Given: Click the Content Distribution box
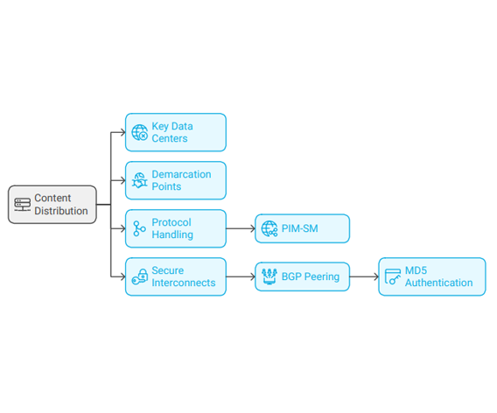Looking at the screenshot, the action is (52, 205).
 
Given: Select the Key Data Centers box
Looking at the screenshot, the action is (176, 132).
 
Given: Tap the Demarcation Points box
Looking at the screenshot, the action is (176, 180).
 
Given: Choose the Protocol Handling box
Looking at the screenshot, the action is (176, 228).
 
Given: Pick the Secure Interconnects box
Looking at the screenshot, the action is (176, 276).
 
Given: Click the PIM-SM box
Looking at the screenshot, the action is (303, 228).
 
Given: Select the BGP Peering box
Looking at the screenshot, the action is (303, 276).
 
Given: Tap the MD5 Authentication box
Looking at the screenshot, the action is (432, 276).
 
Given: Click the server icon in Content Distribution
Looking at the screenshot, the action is (23, 205).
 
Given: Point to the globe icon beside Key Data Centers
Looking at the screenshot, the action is (140, 132).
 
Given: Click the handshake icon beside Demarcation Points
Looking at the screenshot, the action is (140, 180).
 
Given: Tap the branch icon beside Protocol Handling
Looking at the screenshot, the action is (139, 228).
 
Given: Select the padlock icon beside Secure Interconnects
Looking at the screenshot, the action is (140, 276).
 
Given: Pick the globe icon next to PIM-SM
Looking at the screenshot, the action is (269, 228).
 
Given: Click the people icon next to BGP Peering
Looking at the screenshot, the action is (269, 276).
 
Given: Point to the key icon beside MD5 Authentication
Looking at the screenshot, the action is (393, 276).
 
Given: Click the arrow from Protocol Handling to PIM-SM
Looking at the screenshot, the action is (241, 228).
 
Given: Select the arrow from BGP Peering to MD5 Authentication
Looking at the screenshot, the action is (364, 276).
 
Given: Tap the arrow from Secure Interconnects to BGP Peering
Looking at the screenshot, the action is (241, 276).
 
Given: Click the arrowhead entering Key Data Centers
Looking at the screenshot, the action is (123, 132).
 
